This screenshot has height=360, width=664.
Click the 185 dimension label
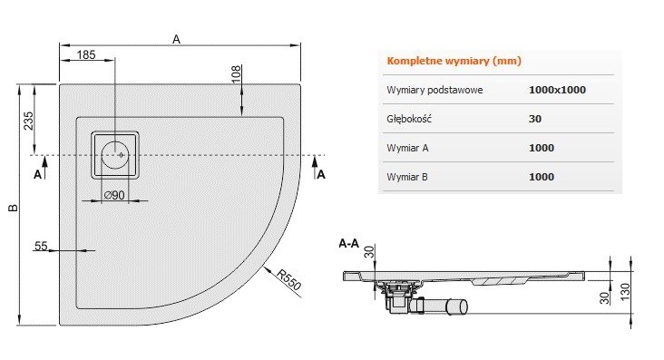pos(86,55)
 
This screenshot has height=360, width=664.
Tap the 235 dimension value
pos(28,119)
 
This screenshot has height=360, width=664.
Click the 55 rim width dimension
pos(41,246)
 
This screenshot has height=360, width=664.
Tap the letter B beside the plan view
pos(13,209)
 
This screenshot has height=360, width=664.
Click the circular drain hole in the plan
pos(116,154)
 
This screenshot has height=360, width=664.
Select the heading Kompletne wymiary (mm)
pos(454,61)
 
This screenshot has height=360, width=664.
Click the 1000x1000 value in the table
pos(554,91)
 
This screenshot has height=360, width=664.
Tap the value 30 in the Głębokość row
pos(535,119)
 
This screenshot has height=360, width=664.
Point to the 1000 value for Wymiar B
pos(541,177)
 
